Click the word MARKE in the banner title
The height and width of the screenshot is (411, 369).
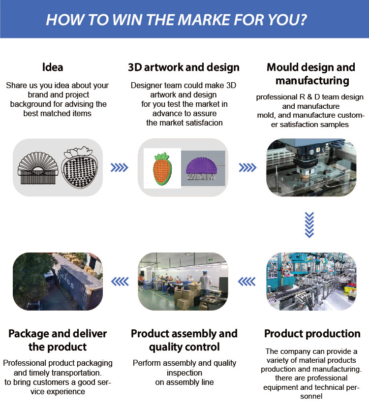tap(205, 20)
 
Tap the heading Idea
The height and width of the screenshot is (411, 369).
tap(53, 67)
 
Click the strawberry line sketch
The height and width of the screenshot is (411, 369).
tap(79, 167)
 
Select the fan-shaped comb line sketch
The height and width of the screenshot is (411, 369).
tap(38, 168)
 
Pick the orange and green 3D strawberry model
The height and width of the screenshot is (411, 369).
tap(162, 169)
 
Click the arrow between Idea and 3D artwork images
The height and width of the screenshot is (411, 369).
tap(119, 167)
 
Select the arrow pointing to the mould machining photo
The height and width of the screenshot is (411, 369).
tap(247, 167)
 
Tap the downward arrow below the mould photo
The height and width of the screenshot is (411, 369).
tap(309, 225)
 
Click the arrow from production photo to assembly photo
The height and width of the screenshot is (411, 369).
tap(246, 282)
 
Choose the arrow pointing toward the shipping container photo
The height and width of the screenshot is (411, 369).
tap(120, 282)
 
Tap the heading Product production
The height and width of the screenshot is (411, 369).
tap(312, 334)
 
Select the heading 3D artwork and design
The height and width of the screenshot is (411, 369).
tap(184, 67)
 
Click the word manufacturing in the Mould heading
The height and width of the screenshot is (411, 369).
tap(312, 81)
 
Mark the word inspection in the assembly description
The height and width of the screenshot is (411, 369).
tap(184, 373)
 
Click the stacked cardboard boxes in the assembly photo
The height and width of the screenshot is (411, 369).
tap(186, 296)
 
